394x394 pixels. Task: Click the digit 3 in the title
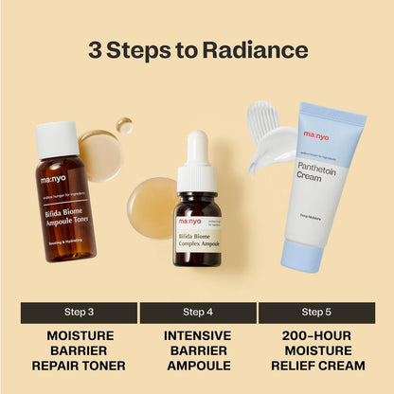[97, 50]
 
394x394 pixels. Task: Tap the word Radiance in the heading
[260, 50]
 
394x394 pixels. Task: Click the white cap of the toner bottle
[56, 138]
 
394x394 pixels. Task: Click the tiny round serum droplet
[124, 124]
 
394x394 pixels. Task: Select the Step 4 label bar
[197, 312]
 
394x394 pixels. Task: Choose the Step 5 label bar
[316, 312]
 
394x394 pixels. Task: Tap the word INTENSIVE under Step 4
[197, 335]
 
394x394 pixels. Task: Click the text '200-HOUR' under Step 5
[316, 335]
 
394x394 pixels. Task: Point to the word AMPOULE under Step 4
[197, 366]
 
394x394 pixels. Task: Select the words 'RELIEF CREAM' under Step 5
[316, 366]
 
